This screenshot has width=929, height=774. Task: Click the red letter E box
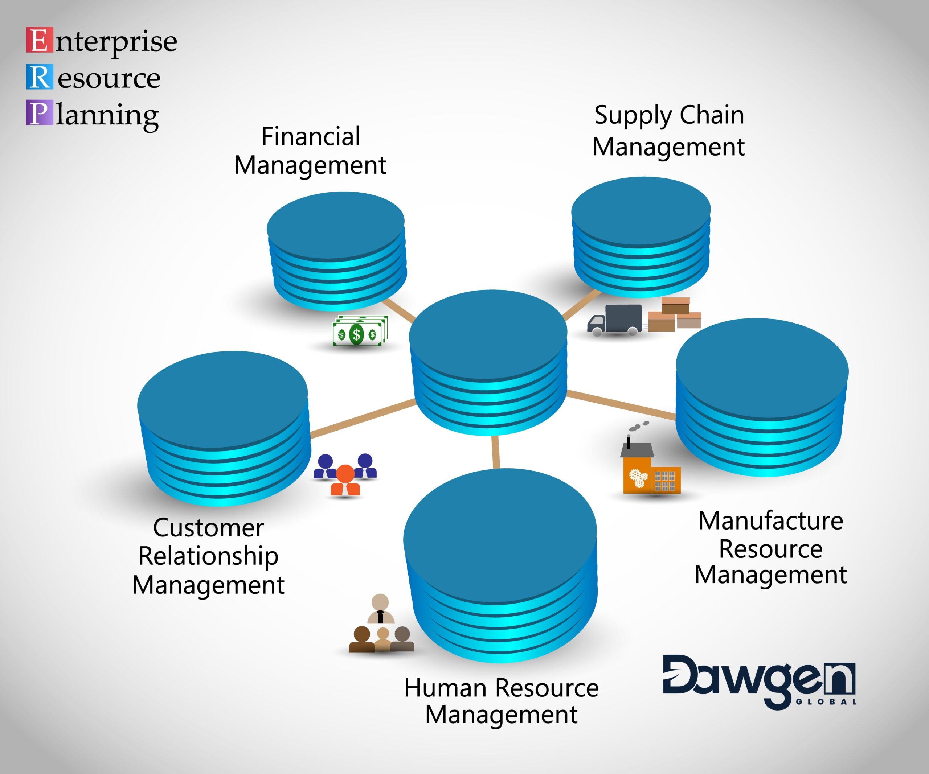[39, 40]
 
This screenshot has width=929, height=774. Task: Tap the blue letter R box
[39, 77]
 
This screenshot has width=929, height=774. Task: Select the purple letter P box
[39, 113]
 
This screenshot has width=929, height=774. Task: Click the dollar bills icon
[360, 331]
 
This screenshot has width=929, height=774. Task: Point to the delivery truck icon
[615, 320]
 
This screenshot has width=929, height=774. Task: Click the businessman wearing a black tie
[380, 609]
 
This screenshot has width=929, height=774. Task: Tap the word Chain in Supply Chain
[711, 115]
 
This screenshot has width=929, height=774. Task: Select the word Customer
[208, 528]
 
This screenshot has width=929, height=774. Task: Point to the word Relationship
[208, 556]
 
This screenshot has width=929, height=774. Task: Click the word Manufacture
[771, 521]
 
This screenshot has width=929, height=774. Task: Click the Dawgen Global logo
[759, 681]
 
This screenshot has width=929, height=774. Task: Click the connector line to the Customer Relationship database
[363, 418]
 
